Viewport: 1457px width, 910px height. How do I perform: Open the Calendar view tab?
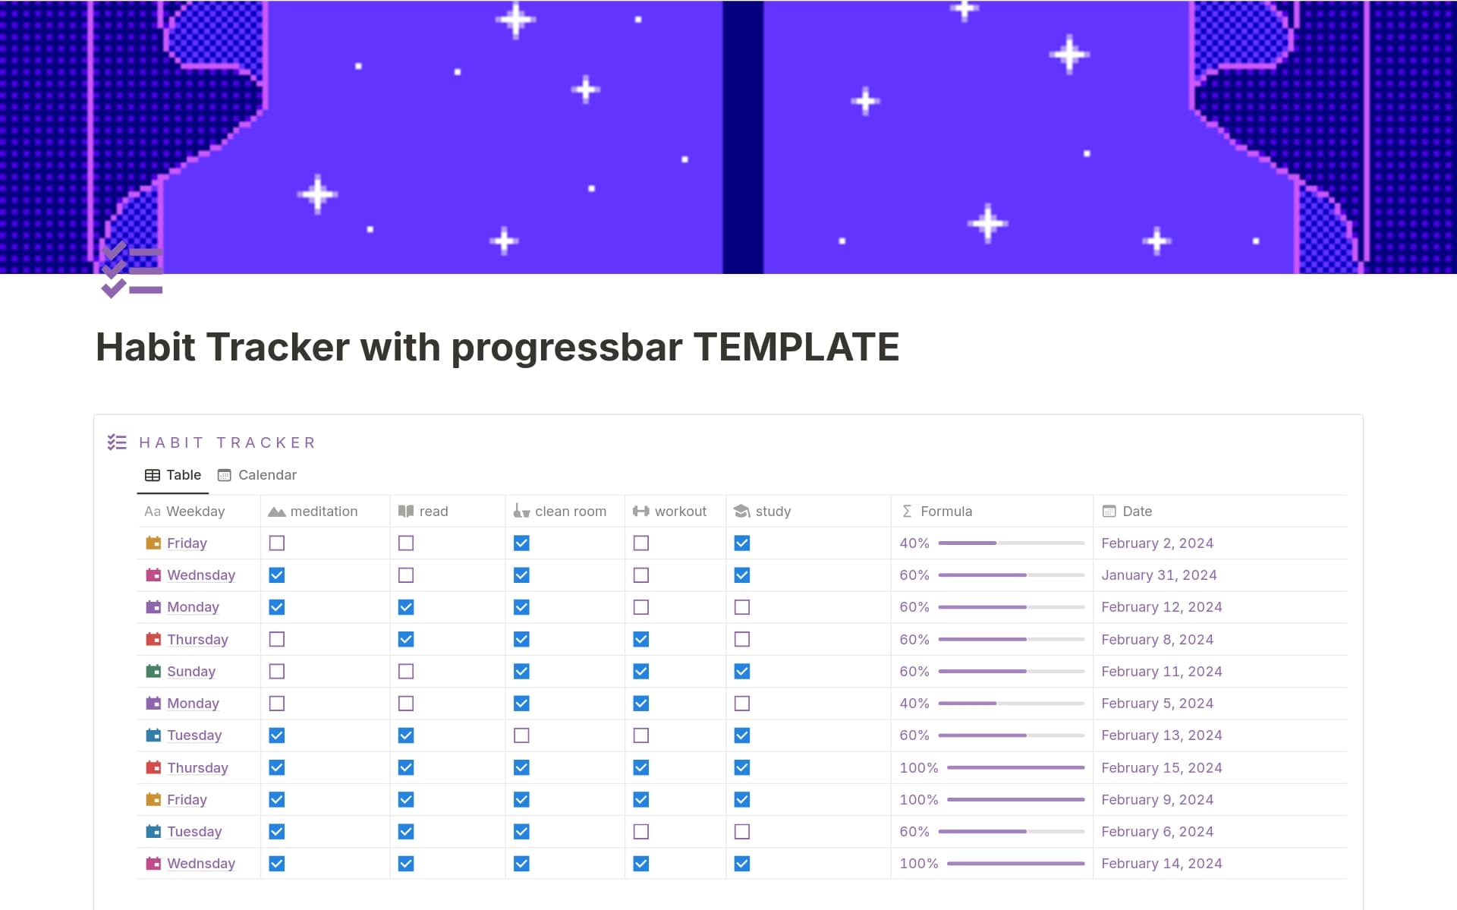[257, 475]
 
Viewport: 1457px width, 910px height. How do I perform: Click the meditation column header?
[323, 512]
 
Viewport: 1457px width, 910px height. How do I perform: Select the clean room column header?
[570, 512]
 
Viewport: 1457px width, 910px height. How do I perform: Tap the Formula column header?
[946, 512]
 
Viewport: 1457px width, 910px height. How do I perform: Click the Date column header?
[1136, 512]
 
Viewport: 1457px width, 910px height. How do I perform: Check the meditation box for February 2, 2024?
[277, 543]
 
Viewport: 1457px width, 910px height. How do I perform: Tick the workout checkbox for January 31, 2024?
[641, 575]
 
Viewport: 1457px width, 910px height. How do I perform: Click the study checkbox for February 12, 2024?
[742, 607]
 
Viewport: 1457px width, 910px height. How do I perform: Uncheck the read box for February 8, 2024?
[406, 640]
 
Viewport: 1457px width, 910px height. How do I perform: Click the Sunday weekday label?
[191, 672]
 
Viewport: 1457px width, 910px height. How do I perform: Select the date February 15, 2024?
[1161, 768]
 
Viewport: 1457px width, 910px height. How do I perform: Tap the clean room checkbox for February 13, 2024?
[521, 735]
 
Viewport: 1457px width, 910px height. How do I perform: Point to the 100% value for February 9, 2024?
[918, 800]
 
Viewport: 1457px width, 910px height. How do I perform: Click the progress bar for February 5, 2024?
[1011, 704]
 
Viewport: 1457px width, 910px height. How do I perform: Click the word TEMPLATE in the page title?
[796, 348]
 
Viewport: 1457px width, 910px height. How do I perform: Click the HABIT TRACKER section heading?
[228, 442]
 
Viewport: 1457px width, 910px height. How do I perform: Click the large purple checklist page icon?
[132, 270]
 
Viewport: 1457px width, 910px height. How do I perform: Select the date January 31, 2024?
[1159, 575]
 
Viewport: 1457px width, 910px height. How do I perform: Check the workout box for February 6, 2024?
[641, 832]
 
